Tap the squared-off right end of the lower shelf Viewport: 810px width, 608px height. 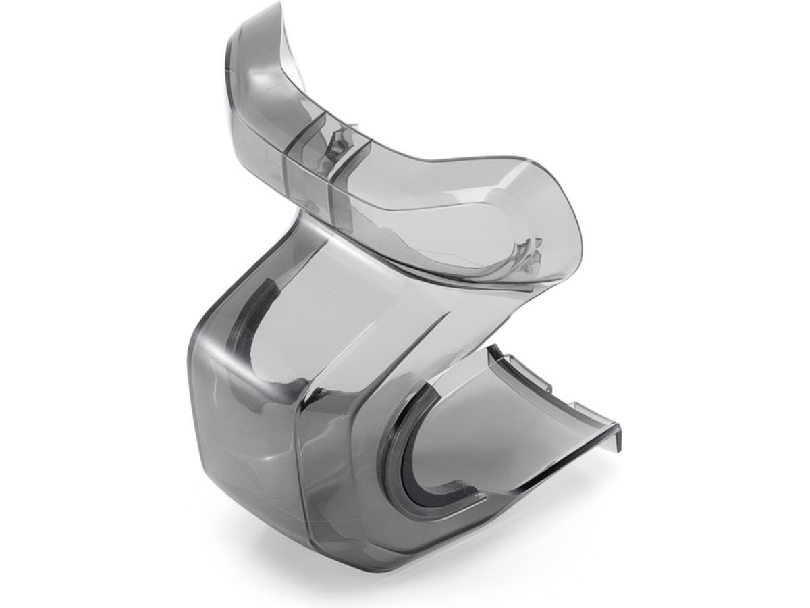pyautogui.click(x=611, y=432)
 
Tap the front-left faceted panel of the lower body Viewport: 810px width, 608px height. pyautogui.click(x=243, y=439)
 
